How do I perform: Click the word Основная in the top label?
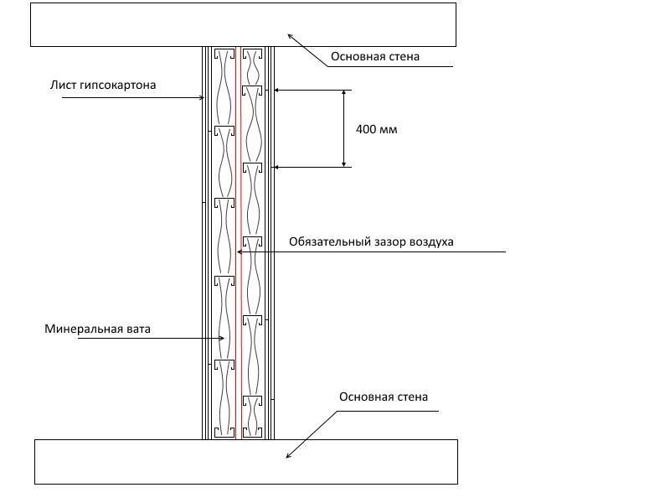pos(353,56)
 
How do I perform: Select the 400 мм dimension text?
pos(376,129)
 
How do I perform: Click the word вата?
pos(139,329)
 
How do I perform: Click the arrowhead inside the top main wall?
pos(290,36)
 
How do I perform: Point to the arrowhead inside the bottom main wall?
pos(288,455)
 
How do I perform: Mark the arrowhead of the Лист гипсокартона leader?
pos(202,98)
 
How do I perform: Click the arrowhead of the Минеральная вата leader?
pos(221,339)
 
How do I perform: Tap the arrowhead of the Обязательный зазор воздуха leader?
pos(240,252)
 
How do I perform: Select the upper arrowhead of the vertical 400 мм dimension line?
pos(344,93)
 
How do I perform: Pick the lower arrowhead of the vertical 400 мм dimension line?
pos(344,163)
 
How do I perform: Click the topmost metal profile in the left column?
pos(224,54)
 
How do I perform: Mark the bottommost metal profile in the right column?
pos(253,432)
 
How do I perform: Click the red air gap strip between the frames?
pos(239,243)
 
